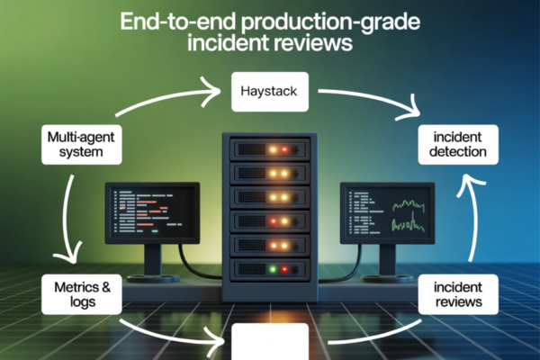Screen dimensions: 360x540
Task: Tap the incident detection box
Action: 459,144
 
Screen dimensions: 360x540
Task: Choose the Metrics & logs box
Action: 82,295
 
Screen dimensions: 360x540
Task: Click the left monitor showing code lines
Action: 151,212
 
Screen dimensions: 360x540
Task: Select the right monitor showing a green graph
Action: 387,212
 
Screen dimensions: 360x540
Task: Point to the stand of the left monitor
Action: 152,260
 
